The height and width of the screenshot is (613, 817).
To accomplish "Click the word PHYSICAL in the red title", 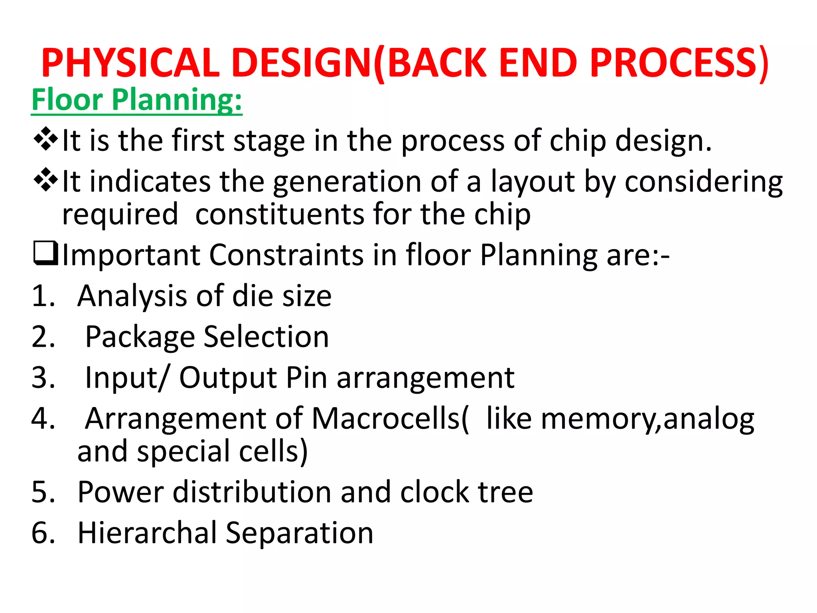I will [130, 63].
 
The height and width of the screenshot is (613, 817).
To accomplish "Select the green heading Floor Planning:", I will [137, 100].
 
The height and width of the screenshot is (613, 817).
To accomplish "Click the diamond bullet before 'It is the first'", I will [46, 139].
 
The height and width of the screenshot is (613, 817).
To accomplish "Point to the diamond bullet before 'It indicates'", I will [46, 180].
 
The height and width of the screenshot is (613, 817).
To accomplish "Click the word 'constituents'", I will [279, 214].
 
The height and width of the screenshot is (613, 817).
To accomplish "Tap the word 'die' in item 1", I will [253, 296].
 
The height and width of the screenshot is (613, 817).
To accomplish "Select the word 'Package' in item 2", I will [140, 337].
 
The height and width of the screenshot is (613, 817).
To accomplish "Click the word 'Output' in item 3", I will [228, 378].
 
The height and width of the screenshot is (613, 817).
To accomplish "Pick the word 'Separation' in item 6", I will [299, 533].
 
